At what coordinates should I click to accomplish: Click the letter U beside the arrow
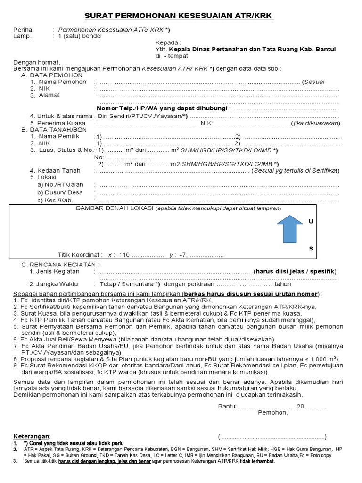tap(310, 221)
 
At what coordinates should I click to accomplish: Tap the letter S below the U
tap(310, 248)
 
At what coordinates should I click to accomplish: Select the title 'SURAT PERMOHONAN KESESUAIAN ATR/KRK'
tap(179, 17)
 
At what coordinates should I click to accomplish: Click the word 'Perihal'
tap(24, 30)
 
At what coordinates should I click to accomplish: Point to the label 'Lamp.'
tap(22, 36)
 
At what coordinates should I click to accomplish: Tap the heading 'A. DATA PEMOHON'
tap(52, 75)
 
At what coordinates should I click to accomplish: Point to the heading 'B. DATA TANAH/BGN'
tap(54, 130)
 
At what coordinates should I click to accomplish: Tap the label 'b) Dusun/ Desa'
tap(60, 192)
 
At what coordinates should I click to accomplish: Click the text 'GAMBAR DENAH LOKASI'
tap(115, 208)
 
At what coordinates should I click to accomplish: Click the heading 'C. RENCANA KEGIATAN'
tap(60, 265)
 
